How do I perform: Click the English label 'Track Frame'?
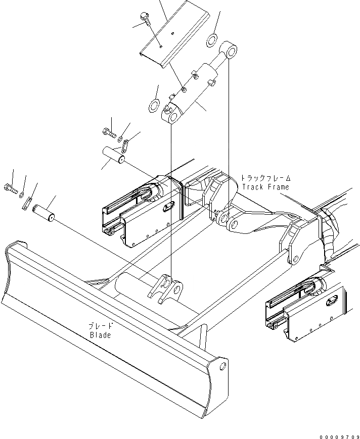pos(265,187)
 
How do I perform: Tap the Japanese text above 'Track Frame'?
pos(265,178)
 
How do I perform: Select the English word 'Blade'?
pos(100,335)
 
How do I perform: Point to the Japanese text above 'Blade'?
pos(101,326)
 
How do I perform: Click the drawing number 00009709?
pos(339,435)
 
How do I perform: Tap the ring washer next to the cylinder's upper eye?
pos(212,39)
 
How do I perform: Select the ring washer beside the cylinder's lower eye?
pos(153,106)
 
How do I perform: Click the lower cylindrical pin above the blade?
pos(43,210)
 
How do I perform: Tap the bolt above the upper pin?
pos(109,133)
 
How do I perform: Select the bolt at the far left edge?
pos(11,189)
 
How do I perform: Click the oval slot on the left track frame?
pos(169,205)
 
